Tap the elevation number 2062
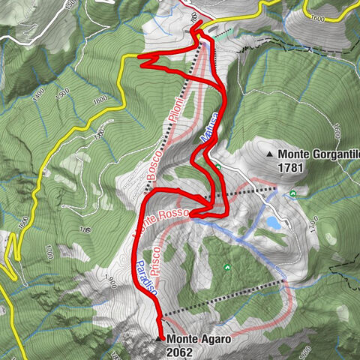(183, 350)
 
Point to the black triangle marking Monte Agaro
(157, 339)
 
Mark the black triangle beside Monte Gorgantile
(270, 154)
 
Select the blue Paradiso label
(147, 275)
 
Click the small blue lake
(273, 223)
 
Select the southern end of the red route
(160, 336)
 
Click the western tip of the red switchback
(140, 55)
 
